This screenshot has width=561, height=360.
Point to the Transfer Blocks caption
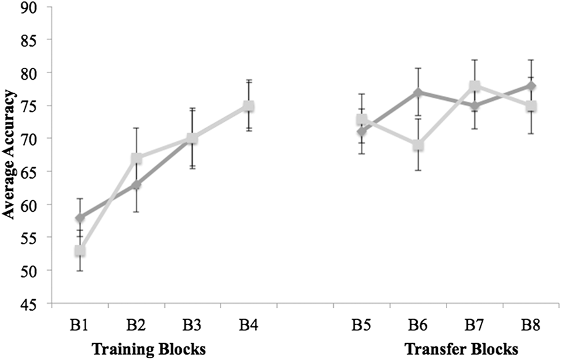coord(461,348)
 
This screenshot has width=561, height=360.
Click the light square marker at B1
coord(80,251)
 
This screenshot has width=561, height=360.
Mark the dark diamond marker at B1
coord(80,218)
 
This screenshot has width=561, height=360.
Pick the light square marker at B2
coord(137,159)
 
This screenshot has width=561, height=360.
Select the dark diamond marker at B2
coord(137,185)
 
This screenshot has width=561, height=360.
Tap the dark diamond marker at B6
coord(418,93)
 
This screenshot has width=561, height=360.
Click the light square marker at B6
coord(418,145)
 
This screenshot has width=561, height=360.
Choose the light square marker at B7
coord(474,86)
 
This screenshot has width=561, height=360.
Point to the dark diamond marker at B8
coord(531,86)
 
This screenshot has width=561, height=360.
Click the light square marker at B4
coord(249,106)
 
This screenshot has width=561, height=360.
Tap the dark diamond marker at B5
coord(362,132)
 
